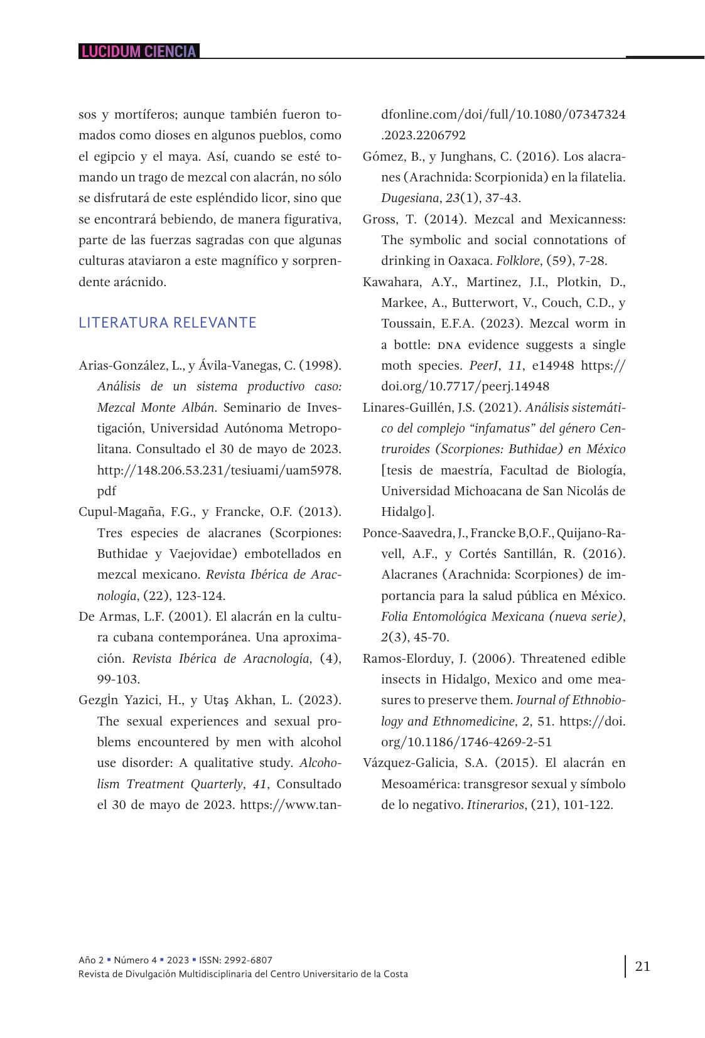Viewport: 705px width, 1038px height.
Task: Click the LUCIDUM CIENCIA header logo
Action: tap(139, 51)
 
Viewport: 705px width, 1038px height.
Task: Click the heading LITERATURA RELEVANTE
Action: tap(168, 323)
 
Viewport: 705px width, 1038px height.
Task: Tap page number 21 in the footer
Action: tap(643, 966)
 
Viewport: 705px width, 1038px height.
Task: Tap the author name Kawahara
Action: tap(390, 282)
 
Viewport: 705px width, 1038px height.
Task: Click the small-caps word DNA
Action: tap(448, 345)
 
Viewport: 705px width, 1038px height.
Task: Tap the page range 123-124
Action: tap(198, 596)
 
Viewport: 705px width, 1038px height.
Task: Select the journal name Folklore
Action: tap(517, 260)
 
